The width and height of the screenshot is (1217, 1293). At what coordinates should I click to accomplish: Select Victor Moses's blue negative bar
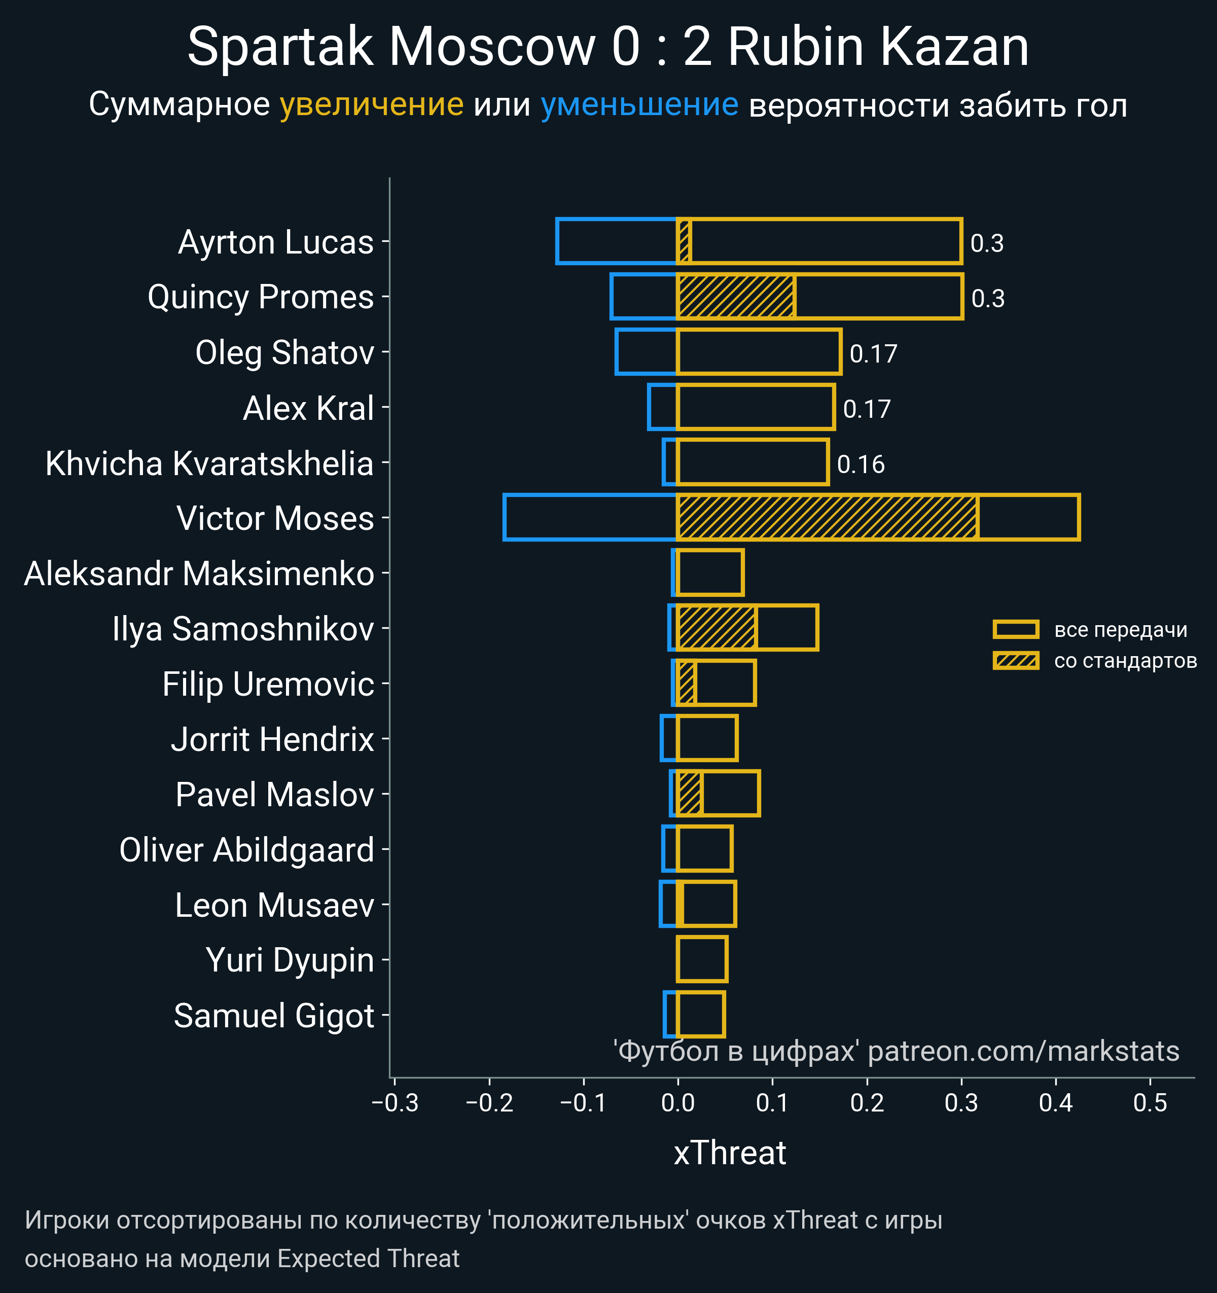590,517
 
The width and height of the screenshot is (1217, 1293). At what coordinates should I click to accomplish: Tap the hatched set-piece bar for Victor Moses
827,517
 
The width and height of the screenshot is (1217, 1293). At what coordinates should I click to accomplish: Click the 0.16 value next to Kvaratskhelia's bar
861,464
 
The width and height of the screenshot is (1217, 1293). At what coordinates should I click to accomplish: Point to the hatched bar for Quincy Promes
736,297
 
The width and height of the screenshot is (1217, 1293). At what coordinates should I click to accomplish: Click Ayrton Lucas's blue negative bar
617,241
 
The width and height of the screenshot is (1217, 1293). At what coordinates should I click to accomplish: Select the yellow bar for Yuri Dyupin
702,959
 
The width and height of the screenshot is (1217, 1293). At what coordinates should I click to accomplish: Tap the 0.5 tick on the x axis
1150,1103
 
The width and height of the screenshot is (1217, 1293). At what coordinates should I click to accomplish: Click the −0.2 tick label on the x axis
489,1103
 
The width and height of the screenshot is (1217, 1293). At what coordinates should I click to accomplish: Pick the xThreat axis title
730,1153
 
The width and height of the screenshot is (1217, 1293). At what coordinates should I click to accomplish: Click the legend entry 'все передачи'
1120,630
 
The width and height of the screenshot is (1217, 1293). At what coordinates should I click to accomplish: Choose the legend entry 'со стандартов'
1125,661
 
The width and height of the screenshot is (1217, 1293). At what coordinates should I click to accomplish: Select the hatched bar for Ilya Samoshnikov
716,628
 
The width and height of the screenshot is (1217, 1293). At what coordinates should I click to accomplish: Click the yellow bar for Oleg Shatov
759,352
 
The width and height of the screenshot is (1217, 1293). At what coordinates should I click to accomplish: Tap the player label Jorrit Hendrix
272,739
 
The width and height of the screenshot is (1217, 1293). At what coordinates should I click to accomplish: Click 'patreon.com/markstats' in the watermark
1023,1051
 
